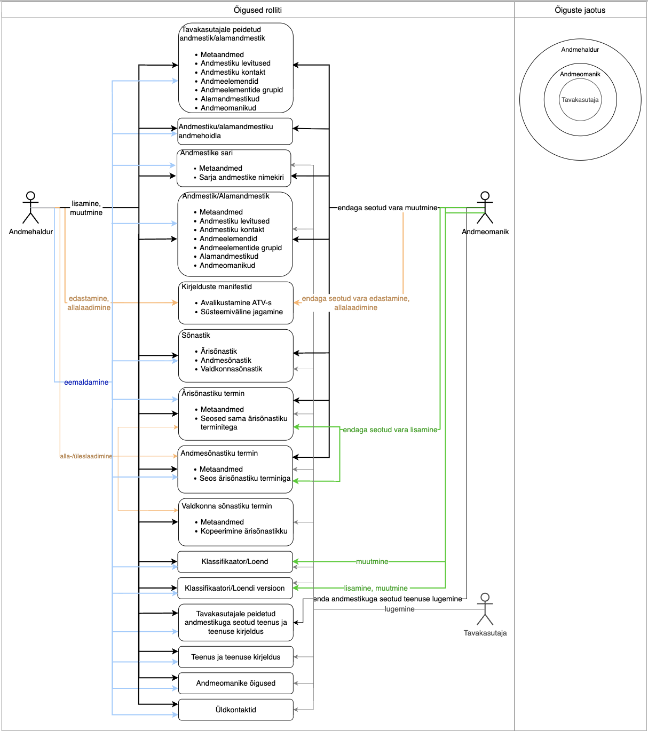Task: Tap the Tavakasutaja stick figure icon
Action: click(x=485, y=609)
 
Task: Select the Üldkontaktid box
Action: click(x=235, y=710)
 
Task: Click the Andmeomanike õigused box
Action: click(x=235, y=683)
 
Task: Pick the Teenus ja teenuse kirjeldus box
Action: click(x=235, y=657)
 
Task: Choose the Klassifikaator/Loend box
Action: click(x=235, y=561)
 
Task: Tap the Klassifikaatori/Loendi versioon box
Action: click(x=235, y=588)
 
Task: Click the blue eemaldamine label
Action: click(x=86, y=382)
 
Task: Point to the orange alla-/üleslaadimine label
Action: click(x=86, y=456)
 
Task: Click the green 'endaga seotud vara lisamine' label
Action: click(x=390, y=430)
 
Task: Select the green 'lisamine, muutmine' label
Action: click(x=376, y=588)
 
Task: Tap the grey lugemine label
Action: click(x=399, y=609)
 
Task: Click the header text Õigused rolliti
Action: click(x=258, y=10)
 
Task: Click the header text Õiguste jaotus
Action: click(x=580, y=10)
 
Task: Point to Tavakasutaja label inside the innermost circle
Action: click(x=580, y=100)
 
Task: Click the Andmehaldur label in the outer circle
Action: click(x=580, y=50)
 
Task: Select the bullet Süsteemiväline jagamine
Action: click(x=241, y=312)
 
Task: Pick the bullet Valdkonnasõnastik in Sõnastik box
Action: click(x=231, y=369)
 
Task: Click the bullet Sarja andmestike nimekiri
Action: click(x=241, y=177)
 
